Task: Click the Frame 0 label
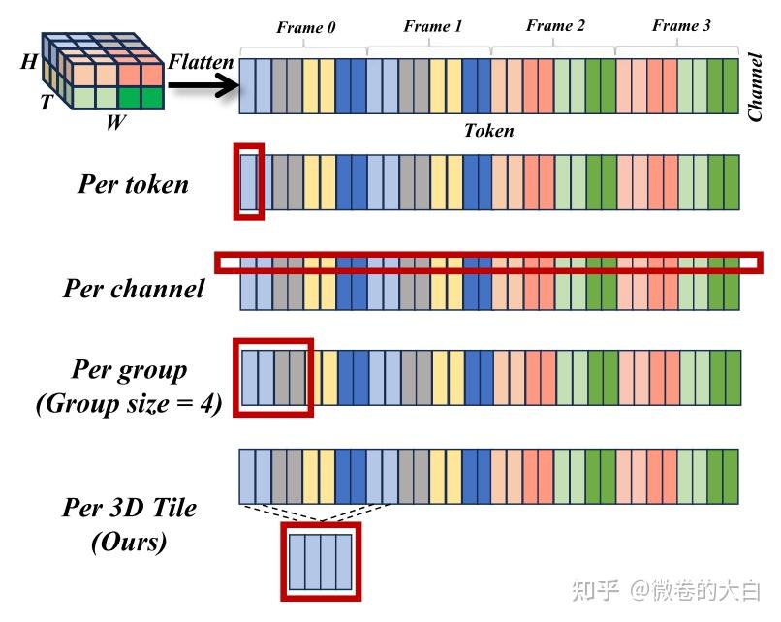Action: point(305,28)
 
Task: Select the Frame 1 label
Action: point(432,27)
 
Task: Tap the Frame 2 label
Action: point(555,26)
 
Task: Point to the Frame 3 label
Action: point(680,26)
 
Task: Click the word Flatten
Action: point(201,63)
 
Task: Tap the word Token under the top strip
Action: point(488,131)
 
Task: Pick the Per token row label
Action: point(133,184)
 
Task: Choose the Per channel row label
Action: point(134,288)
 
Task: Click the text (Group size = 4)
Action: point(129,404)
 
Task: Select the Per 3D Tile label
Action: point(129,508)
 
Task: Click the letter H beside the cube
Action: point(30,62)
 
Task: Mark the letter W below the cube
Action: point(114,124)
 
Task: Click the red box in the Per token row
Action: point(248,181)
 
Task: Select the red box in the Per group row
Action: point(273,376)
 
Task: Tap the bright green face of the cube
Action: point(140,98)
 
